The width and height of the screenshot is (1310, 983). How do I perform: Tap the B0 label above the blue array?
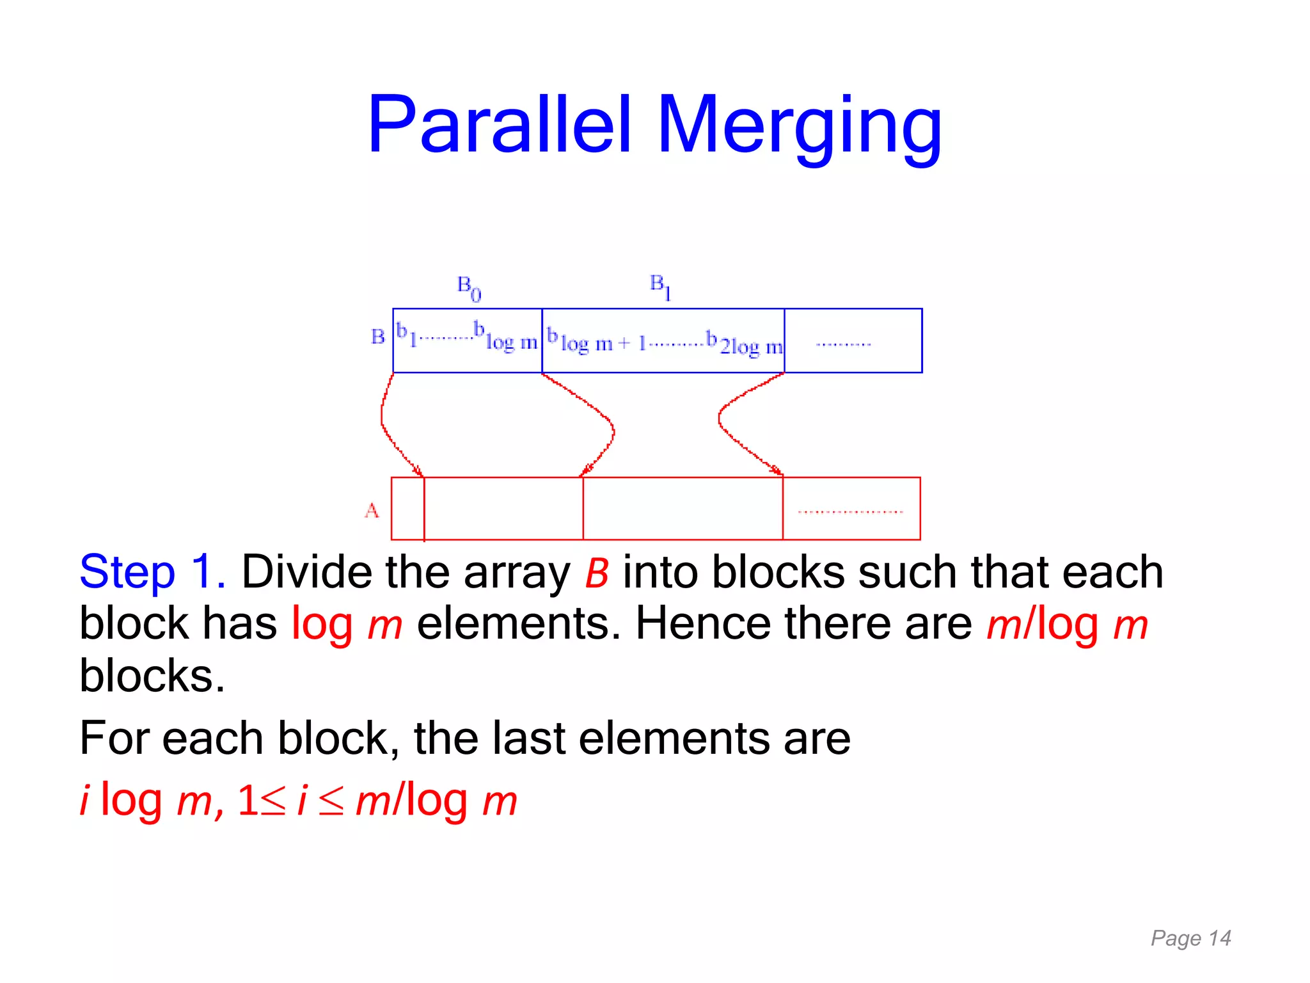469,288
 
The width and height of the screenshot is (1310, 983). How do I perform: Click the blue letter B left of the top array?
377,337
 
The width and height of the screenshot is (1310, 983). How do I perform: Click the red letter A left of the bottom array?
372,510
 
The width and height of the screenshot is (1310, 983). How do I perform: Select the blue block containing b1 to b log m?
467,340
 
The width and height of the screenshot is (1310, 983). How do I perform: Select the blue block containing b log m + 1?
663,340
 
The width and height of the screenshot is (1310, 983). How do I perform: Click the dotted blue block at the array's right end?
853,340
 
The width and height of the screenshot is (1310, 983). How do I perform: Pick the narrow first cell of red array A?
407,509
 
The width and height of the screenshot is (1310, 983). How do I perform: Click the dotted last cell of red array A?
851,509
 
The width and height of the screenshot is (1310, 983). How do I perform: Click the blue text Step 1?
152,572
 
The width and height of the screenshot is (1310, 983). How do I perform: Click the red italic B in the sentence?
596,573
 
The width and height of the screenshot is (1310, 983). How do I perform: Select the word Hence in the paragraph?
702,623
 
